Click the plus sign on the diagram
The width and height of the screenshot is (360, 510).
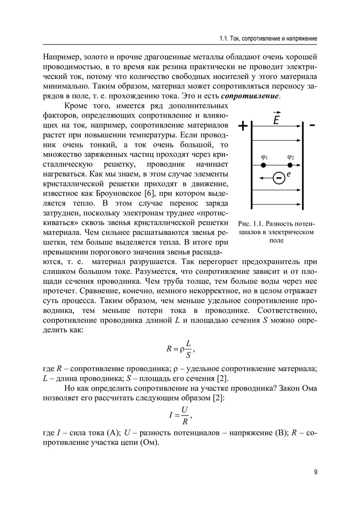pos(243,127)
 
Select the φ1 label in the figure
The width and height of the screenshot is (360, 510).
pos(264,157)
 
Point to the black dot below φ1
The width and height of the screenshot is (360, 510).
pos(264,165)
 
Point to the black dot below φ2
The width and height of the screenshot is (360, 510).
pos(290,165)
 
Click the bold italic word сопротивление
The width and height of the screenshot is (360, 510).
pos(254,96)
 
